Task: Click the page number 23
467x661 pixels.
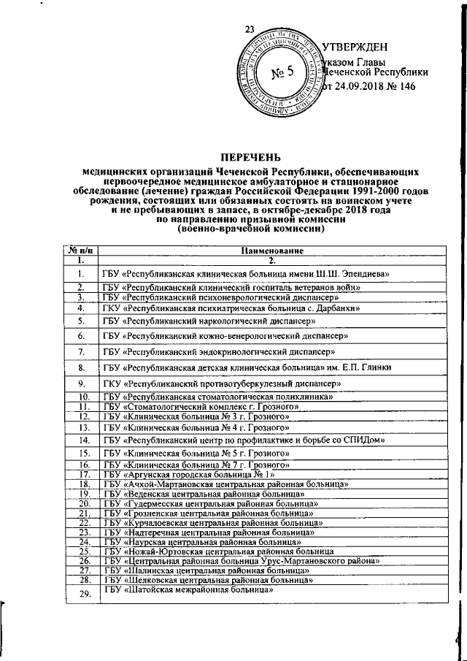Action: click(x=250, y=29)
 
